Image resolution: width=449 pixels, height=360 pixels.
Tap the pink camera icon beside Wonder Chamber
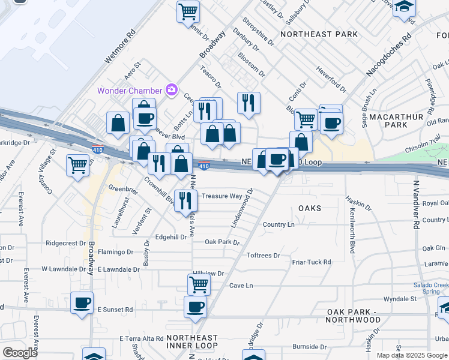pyautogui.click(x=172, y=90)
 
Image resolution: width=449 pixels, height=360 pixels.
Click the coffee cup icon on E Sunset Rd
pyautogui.click(x=82, y=302)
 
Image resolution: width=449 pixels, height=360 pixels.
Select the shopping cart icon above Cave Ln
pyautogui.click(x=199, y=284)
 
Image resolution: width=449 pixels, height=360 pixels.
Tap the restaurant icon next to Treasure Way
pyautogui.click(x=186, y=200)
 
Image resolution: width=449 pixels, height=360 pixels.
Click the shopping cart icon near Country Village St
pyautogui.click(x=78, y=164)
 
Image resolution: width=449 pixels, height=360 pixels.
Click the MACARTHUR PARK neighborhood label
pyautogui.click(x=396, y=120)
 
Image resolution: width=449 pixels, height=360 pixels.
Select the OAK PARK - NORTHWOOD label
pyautogui.click(x=354, y=316)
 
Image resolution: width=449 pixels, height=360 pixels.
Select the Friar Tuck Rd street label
pyautogui.click(x=312, y=262)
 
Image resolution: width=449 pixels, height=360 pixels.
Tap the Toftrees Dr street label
pyautogui.click(x=264, y=256)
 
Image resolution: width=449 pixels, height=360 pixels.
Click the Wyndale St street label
pyautogui.click(x=400, y=298)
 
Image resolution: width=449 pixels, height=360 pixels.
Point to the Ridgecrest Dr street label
pyautogui.click(x=65, y=244)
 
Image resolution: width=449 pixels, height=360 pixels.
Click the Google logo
pyautogui.click(x=20, y=353)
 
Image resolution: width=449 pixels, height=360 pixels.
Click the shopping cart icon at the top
pyautogui.click(x=188, y=11)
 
